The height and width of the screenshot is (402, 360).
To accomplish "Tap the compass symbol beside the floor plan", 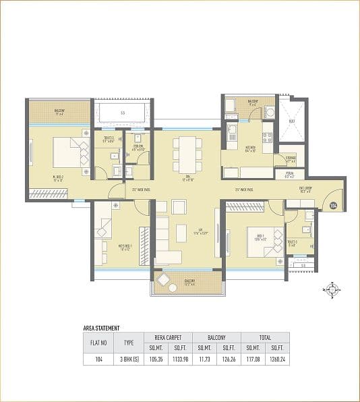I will click(x=331, y=290).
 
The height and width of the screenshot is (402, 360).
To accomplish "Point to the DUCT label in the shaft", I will click(x=291, y=121).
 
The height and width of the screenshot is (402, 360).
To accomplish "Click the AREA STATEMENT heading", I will click(x=101, y=328).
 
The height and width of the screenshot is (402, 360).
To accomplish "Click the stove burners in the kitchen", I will click(x=266, y=138).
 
